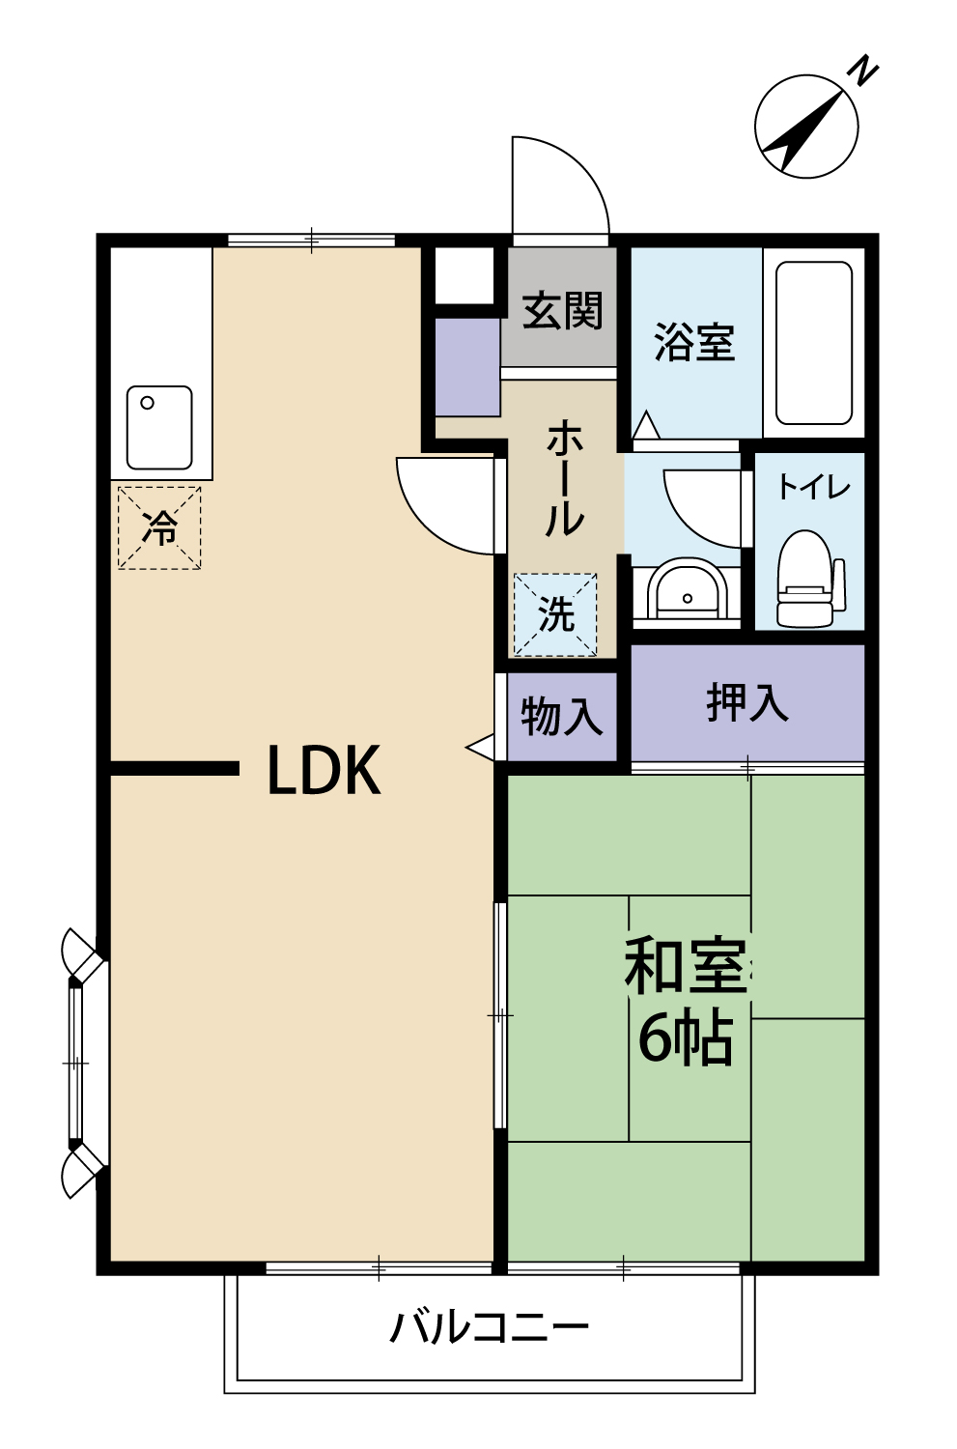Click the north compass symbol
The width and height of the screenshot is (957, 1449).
tap(805, 127)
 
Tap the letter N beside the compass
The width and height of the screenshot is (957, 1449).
tap(861, 71)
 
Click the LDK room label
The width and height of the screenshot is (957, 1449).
tap(324, 771)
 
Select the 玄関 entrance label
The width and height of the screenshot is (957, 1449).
tap(562, 311)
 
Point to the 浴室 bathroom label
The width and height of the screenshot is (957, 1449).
tap(694, 343)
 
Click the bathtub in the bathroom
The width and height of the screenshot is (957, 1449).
tap(814, 343)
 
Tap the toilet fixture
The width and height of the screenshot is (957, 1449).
tap(805, 578)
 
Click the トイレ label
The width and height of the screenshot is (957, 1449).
tap(813, 487)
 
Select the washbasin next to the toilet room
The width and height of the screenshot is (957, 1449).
tap(687, 588)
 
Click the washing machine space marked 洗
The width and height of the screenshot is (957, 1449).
tap(555, 614)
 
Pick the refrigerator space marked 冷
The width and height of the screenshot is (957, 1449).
tap(159, 527)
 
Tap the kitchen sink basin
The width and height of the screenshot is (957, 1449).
tap(159, 427)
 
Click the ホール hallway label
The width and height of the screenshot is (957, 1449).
tap(564, 479)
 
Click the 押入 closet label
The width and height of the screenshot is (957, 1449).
tap(746, 702)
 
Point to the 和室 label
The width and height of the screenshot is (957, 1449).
tap(685, 966)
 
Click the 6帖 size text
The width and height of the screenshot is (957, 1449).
tap(685, 1037)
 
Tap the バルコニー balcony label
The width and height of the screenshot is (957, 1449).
tap(489, 1327)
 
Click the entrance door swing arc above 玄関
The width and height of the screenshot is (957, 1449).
tap(560, 185)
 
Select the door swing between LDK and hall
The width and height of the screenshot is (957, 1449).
tap(446, 505)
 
